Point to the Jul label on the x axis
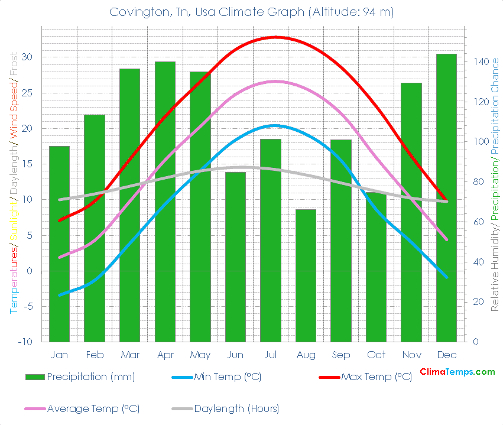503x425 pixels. (x=271, y=355)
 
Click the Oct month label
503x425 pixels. (x=376, y=355)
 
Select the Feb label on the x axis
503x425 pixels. (x=95, y=355)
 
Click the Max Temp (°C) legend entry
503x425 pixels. (x=376, y=377)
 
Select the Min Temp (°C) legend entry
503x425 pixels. (x=228, y=377)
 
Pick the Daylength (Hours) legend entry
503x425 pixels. (x=236, y=408)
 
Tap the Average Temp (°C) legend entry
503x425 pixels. (x=93, y=408)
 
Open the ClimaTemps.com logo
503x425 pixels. (x=457, y=372)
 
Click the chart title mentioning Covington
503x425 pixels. (x=251, y=12)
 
